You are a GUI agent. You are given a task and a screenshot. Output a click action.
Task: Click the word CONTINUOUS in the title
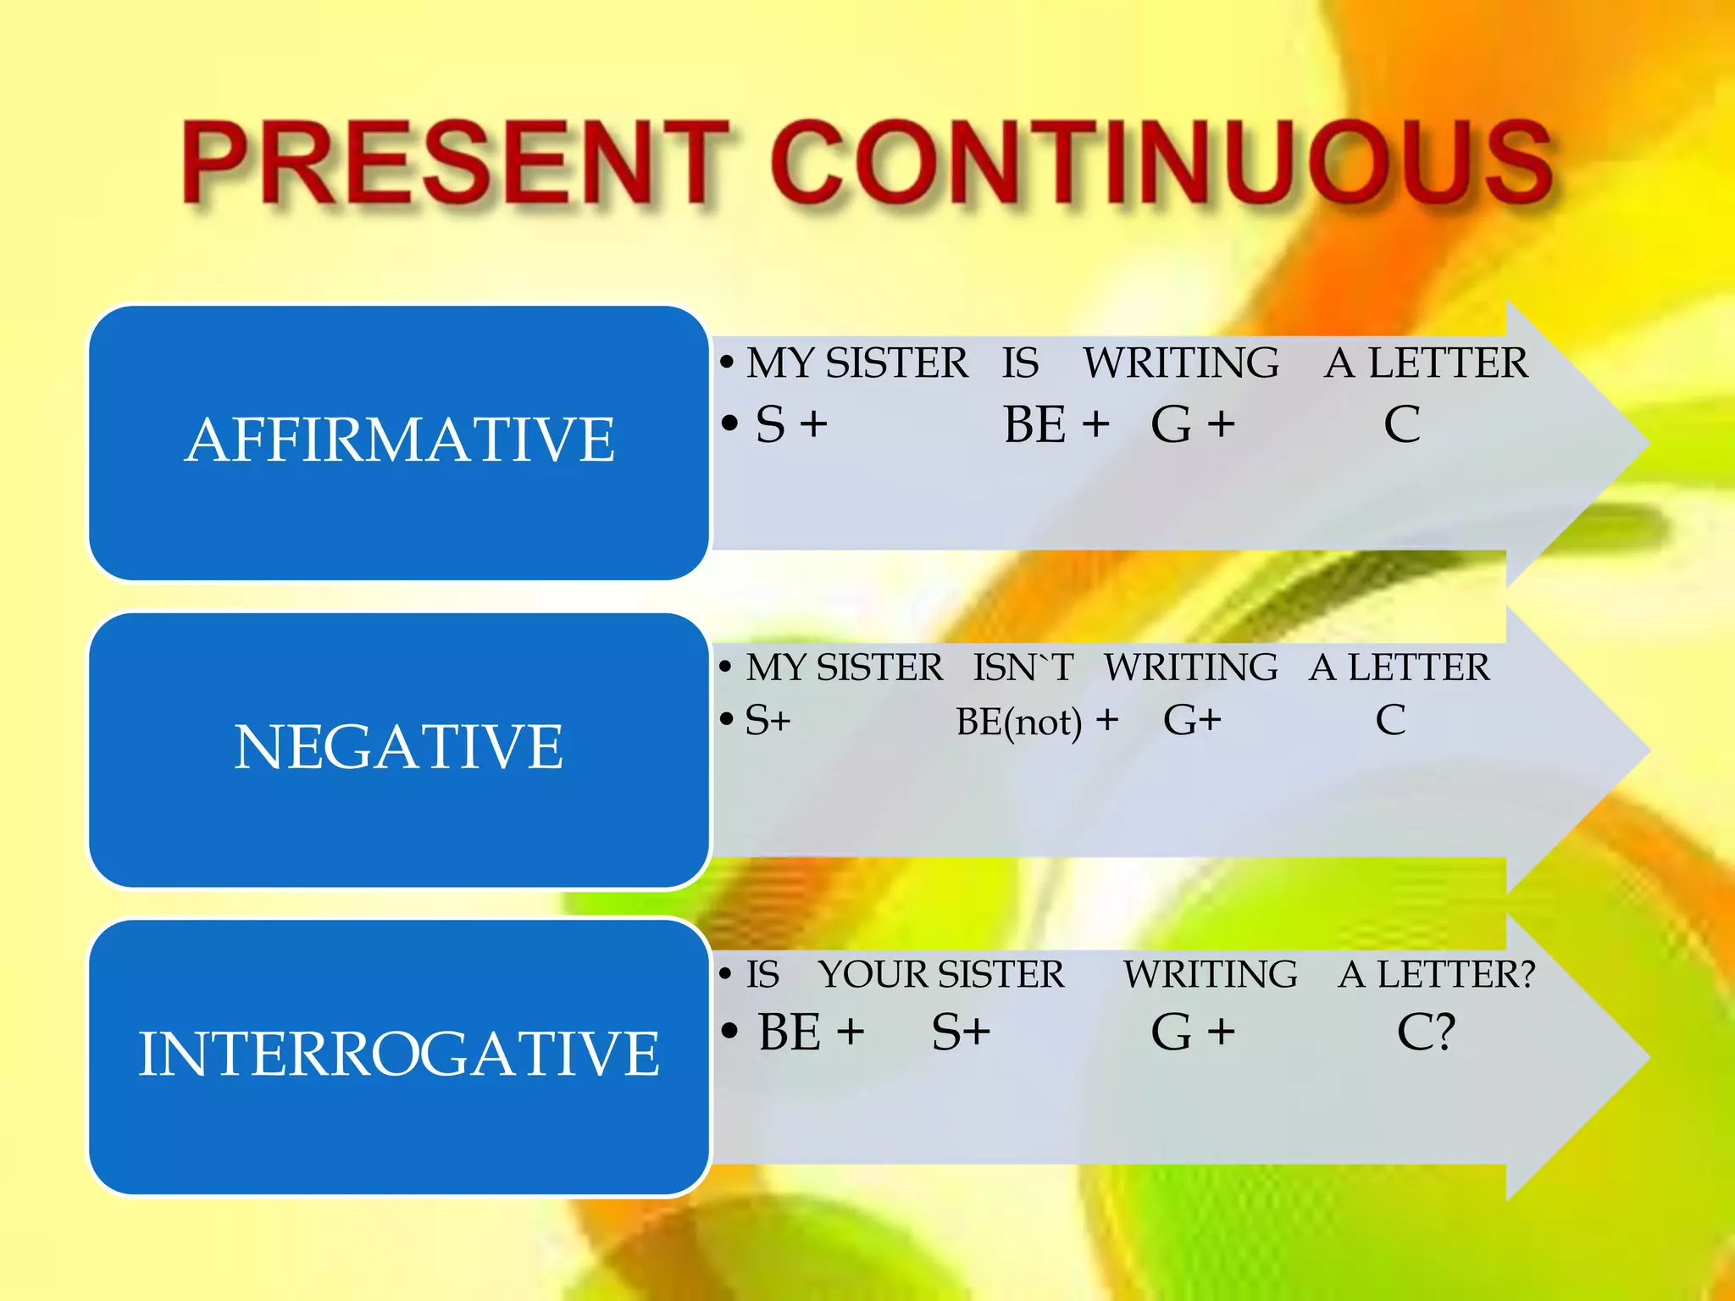tap(1161, 163)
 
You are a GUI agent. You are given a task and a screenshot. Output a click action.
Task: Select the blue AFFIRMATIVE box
tap(399, 442)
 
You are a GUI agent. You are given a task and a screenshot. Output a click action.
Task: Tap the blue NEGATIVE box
tap(399, 749)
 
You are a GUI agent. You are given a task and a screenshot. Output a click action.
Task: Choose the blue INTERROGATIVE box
tap(399, 1055)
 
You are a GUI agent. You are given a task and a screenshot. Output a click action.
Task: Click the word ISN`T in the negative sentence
tap(1023, 668)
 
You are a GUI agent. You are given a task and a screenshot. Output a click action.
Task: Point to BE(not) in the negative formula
tap(1019, 722)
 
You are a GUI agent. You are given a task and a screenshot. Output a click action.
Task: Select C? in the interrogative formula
tap(1426, 1032)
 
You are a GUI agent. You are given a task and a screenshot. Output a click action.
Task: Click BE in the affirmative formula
tap(1034, 424)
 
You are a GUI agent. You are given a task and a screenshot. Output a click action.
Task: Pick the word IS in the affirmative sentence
tap(1020, 363)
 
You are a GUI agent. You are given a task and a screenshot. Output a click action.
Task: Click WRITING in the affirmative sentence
tap(1181, 363)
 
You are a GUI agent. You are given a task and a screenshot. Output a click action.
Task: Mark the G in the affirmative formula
tap(1172, 424)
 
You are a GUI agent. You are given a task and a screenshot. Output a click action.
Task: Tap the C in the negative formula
tap(1390, 721)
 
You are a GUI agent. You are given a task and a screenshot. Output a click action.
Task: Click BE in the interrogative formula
tap(790, 1032)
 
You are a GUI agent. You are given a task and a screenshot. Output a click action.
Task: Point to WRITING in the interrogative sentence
tap(1210, 975)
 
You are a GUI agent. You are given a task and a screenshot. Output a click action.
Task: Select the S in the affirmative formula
tap(770, 424)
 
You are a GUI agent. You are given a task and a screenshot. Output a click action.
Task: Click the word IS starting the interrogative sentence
tap(762, 975)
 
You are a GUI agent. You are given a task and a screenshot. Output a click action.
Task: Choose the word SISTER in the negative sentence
tap(879, 668)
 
